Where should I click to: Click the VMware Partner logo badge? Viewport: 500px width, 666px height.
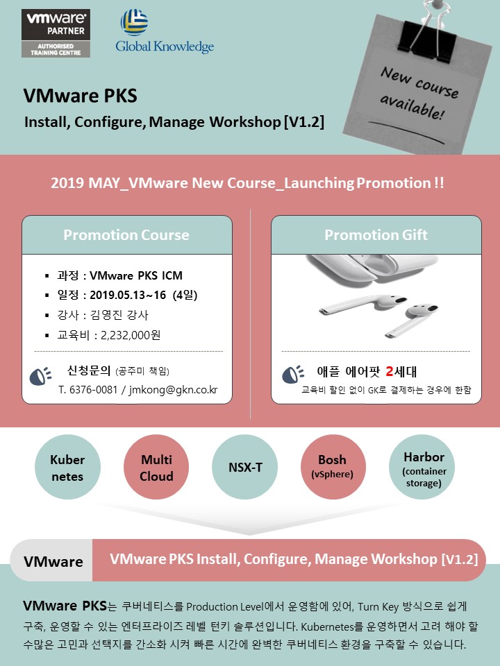point(56,33)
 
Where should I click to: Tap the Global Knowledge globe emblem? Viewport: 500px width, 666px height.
point(134,22)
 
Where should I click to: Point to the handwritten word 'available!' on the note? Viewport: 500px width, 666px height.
point(412,106)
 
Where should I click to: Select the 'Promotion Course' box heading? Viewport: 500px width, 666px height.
point(126,235)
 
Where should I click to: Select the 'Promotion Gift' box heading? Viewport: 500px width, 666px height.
point(376,235)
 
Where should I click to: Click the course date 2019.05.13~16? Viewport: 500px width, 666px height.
point(128,296)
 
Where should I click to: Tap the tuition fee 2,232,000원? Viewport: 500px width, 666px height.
point(131,335)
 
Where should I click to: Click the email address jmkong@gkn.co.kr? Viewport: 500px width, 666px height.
point(173,389)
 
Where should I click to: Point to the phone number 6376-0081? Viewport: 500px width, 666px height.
point(93,389)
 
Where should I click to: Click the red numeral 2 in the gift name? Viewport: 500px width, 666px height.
point(390,372)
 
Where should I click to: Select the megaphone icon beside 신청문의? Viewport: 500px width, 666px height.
point(40,376)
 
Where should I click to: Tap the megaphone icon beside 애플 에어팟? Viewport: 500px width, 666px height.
point(293,374)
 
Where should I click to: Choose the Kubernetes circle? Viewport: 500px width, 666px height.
point(67,467)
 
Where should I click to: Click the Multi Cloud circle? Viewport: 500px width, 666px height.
point(156,467)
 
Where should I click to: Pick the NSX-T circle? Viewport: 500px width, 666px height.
point(245,467)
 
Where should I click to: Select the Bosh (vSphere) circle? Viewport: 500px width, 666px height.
point(333,467)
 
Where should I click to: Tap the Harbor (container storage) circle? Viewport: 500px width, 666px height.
point(422,467)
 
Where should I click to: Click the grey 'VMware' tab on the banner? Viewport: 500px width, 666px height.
point(51,561)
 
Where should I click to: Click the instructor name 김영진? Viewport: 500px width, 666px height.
point(106,315)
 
